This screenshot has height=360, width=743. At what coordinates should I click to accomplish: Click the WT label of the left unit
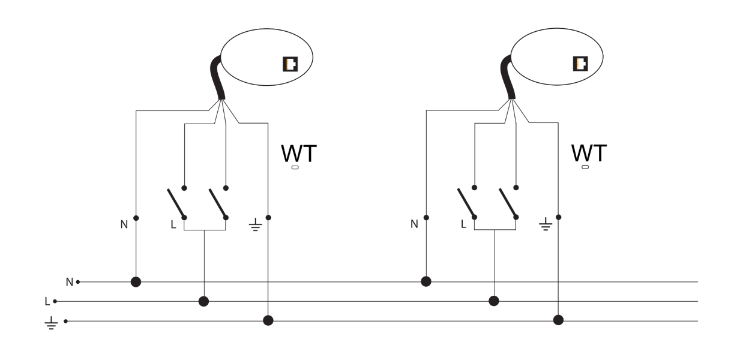(x=298, y=154)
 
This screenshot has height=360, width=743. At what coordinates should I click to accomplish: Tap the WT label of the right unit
(x=589, y=154)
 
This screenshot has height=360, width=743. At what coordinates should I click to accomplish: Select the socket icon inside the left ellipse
(x=290, y=64)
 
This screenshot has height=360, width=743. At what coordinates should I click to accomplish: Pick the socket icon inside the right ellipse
(x=580, y=64)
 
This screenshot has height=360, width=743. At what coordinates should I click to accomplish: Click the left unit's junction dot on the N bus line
(x=136, y=281)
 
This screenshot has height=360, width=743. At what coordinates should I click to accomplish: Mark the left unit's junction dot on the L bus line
(x=204, y=301)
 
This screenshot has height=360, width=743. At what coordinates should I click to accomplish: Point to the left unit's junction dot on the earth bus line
(x=268, y=320)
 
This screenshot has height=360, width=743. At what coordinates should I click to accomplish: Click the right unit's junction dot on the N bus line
(x=426, y=281)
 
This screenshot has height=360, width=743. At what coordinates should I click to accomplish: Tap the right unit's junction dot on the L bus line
(x=494, y=301)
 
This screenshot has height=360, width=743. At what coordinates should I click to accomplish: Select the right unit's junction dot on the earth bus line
(x=558, y=320)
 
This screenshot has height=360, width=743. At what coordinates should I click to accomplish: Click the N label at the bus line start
(x=69, y=281)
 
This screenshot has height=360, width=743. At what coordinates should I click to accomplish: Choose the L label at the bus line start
(x=47, y=301)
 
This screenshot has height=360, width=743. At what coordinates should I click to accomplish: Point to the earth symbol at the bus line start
(x=51, y=324)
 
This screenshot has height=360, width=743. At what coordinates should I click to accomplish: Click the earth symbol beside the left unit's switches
(x=255, y=226)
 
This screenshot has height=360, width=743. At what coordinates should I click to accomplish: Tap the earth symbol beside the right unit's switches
(x=545, y=226)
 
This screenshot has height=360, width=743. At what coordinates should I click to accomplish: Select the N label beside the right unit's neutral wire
(x=414, y=224)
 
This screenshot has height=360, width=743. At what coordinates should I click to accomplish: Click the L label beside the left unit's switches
(x=173, y=225)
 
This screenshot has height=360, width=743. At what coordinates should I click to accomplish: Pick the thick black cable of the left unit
(x=217, y=78)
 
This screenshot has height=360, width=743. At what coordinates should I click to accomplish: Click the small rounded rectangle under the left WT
(x=295, y=167)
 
